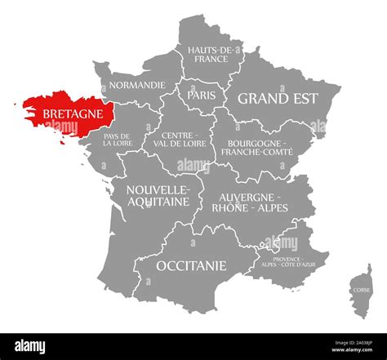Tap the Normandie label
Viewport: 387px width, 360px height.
(138, 85)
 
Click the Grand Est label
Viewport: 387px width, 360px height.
(278, 98)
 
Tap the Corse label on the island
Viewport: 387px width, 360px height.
(360, 290)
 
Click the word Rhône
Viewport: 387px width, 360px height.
(234, 207)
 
